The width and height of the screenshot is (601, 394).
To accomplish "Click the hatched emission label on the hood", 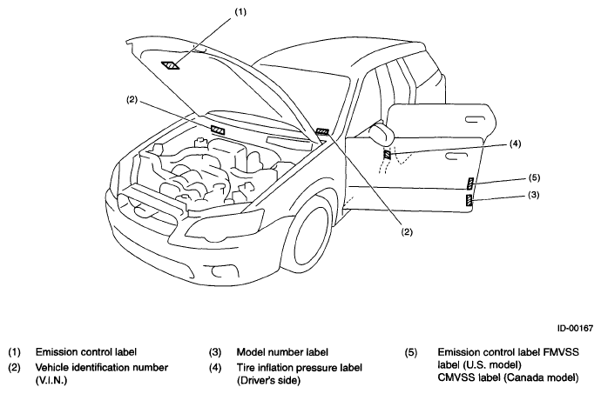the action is point(171,65).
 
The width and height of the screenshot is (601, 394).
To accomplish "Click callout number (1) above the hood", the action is point(240,12).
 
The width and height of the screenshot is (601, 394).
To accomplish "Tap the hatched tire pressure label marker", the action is point(388,154).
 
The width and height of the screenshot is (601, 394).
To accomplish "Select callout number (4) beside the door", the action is point(515,144).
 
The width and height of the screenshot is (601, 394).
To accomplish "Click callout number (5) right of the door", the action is point(534,177).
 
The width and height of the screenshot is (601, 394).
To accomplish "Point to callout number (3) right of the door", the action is point(533,195).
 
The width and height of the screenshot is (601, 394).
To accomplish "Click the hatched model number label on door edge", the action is point(469,200).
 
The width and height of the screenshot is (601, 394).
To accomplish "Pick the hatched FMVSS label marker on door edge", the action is point(470,184).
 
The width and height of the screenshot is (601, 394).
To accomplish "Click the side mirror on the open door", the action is point(382,134).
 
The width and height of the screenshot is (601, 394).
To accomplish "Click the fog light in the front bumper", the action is point(220,271).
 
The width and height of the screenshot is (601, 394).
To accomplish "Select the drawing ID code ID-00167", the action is point(575,328).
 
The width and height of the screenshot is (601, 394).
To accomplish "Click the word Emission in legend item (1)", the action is point(54,351).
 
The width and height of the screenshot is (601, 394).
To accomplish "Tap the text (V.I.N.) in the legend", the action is point(51,381).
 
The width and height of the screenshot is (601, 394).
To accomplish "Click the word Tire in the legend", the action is point(246,368).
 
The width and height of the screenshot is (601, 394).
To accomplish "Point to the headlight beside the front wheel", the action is point(225,226).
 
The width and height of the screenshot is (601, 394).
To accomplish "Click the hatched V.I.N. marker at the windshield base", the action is point(218,130).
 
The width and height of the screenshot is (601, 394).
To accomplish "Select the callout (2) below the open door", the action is point(406,231).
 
